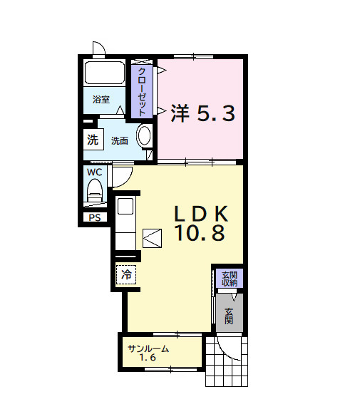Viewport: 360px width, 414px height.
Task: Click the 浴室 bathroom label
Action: point(101,100)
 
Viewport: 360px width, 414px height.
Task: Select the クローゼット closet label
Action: point(142,91)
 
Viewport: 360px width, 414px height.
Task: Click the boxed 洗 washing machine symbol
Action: point(93,140)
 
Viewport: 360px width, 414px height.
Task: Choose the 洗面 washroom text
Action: point(119,140)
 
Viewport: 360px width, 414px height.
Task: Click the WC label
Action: point(94,172)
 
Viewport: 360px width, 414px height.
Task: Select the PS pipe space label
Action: point(94,218)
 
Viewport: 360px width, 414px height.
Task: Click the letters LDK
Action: point(200,212)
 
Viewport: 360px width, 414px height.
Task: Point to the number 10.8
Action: point(200,232)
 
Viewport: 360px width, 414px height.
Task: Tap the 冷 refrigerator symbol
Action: point(126,274)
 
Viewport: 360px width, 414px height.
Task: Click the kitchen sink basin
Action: point(125,208)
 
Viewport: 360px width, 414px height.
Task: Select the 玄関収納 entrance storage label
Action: point(229,279)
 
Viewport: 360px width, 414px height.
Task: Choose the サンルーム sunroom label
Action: point(148,348)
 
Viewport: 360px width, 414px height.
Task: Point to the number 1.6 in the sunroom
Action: point(148,358)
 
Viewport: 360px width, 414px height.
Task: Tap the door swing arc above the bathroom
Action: point(98,49)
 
